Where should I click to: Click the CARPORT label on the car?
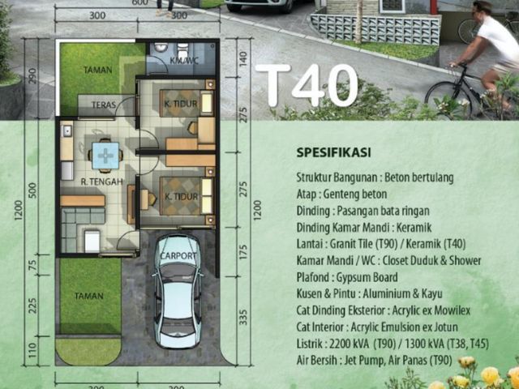(x=178, y=256)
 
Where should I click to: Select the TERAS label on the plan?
(x=104, y=105)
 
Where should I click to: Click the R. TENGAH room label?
(x=102, y=182)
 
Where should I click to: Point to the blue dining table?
(x=105, y=156)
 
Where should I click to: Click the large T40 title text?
(x=307, y=85)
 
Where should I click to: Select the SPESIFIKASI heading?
(x=333, y=153)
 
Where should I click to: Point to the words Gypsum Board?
(x=367, y=277)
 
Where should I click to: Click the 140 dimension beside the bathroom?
(x=243, y=59)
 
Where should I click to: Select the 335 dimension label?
(x=243, y=317)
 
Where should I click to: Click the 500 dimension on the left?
(x=32, y=190)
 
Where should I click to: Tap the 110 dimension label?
(x=32, y=350)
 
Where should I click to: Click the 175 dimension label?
(x=243, y=252)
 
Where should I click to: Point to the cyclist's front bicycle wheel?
(x=448, y=98)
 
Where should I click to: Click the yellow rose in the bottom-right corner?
(x=491, y=376)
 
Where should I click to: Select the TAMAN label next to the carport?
(x=88, y=296)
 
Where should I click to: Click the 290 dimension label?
(x=32, y=75)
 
